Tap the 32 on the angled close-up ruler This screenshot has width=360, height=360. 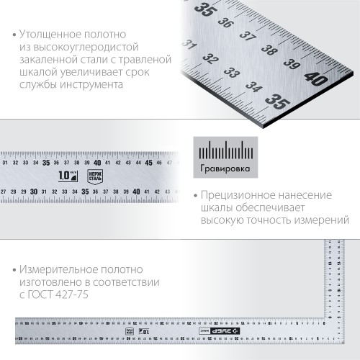coord(210,59)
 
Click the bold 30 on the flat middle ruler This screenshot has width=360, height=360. coord(34,191)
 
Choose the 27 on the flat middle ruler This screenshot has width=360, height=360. coord(4,191)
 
